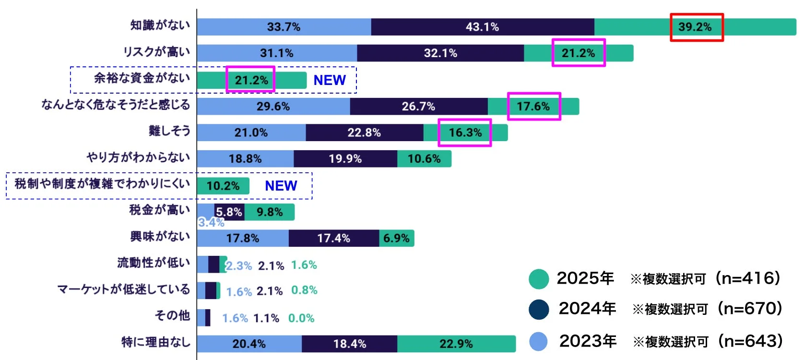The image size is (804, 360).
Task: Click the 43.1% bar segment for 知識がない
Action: pyautogui.click(x=482, y=27)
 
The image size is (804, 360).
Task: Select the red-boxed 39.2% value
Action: pyautogui.click(x=696, y=27)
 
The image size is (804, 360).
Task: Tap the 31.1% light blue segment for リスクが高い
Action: pyautogui.click(x=277, y=53)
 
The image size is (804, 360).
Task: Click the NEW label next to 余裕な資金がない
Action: pyautogui.click(x=330, y=80)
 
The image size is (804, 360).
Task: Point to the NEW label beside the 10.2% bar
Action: pyautogui.click(x=281, y=186)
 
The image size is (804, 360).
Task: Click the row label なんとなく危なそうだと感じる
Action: pyautogui.click(x=116, y=105)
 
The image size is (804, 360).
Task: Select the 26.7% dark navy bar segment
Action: pyautogui.click(x=418, y=107)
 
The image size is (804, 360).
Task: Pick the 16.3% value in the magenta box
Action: pyautogui.click(x=465, y=132)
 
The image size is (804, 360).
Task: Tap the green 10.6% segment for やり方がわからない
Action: pyautogui.click(x=424, y=159)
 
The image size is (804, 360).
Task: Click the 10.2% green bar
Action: pyautogui.click(x=223, y=186)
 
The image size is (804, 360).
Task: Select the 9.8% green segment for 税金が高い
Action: pyautogui.click(x=270, y=212)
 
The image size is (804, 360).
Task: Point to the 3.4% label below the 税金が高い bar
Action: pyautogui.click(x=211, y=222)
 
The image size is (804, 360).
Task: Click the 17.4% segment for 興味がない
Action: pyautogui.click(x=333, y=239)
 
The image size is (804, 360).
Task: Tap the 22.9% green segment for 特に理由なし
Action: pyautogui.click(x=456, y=344)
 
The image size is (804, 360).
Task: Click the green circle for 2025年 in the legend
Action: pyautogui.click(x=539, y=279)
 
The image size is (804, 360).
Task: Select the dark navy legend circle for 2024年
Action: pyautogui.click(x=539, y=310)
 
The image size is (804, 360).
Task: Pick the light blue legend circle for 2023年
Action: pyautogui.click(x=539, y=342)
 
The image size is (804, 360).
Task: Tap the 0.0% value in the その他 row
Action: pyautogui.click(x=301, y=318)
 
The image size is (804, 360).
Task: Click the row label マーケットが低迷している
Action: pyautogui.click(x=124, y=289)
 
